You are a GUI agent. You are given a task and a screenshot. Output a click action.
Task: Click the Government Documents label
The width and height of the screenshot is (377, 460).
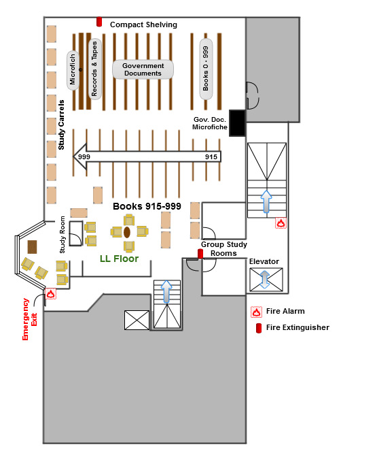click(143, 69)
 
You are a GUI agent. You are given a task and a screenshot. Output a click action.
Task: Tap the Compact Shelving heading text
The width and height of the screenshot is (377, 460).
click(143, 24)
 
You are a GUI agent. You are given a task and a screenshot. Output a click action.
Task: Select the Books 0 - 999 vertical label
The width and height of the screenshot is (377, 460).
click(206, 69)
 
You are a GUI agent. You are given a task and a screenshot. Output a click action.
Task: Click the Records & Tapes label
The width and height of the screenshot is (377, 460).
click(94, 69)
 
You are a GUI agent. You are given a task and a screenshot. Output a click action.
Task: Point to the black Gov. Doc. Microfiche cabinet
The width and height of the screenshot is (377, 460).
click(237, 123)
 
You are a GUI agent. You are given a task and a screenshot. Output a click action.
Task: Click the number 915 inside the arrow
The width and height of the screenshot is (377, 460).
click(211, 157)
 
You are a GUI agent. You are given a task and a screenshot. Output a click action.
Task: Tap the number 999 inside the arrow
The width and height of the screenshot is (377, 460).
click(84, 157)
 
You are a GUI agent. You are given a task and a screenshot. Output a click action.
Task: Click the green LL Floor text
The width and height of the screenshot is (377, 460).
click(120, 259)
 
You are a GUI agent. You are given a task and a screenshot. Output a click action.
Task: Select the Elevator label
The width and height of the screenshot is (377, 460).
click(264, 261)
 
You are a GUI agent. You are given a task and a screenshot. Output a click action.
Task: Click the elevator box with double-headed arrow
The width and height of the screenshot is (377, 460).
click(266, 280)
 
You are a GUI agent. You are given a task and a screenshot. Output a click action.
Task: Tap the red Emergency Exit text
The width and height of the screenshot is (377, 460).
click(30, 319)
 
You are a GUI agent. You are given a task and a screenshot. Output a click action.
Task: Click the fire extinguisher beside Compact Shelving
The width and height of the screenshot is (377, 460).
click(99, 22)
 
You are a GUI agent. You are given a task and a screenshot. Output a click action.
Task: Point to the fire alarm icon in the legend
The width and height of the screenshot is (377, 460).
click(256, 312)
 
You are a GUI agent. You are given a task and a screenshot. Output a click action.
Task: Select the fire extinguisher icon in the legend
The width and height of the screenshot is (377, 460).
click(259, 328)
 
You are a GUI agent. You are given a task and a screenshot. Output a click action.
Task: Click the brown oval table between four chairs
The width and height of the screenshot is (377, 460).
click(127, 232)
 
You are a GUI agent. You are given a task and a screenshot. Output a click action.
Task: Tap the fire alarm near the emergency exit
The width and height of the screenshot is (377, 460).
click(50, 293)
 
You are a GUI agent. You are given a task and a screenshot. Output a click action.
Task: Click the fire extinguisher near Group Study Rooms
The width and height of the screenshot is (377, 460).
click(200, 254)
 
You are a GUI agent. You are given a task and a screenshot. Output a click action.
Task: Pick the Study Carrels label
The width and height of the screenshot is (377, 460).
click(61, 125)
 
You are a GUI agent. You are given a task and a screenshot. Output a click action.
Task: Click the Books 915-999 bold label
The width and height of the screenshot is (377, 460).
click(147, 206)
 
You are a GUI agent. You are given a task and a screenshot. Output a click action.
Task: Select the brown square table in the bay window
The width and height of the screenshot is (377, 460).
click(32, 247)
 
